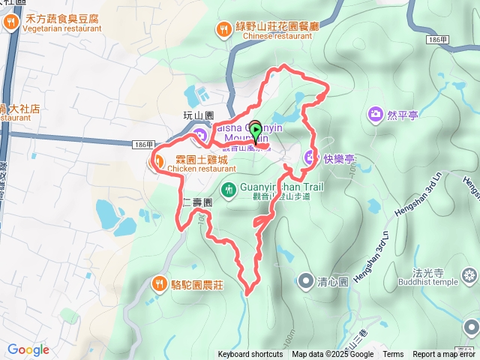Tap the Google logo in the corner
(28, 349)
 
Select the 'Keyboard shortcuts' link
(251, 355)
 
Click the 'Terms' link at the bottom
(393, 355)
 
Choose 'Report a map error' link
(444, 355)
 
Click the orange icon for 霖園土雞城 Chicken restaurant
(158, 160)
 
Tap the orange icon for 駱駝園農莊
(159, 283)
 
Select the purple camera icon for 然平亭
(375, 115)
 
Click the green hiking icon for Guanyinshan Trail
(229, 187)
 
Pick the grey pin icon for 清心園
(306, 281)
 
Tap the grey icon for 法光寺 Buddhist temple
(470, 277)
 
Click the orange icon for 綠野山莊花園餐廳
(223, 29)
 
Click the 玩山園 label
(199, 115)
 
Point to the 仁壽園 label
(197, 202)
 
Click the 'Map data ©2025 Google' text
(332, 355)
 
